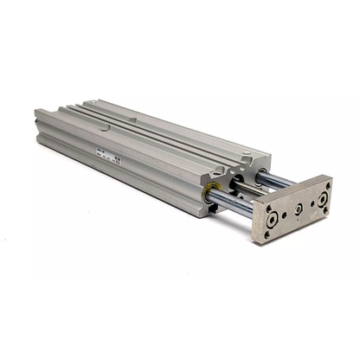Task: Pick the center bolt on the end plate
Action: [297, 208]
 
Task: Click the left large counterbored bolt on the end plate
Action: [273, 219]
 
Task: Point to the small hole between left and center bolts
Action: [286, 214]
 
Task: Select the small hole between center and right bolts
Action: [309, 202]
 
